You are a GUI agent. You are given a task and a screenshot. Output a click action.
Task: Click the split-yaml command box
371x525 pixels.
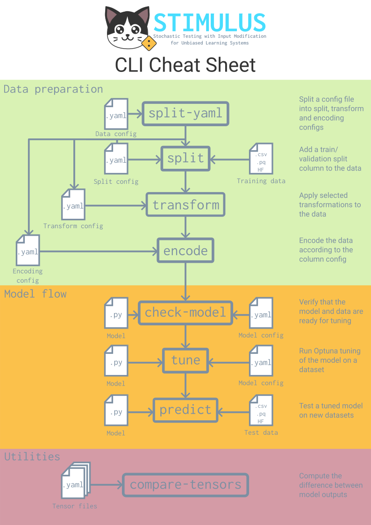(x=185, y=113)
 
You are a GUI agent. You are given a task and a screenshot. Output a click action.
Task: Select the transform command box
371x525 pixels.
(x=185, y=205)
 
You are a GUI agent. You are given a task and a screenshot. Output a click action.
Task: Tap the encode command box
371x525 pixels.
(x=185, y=251)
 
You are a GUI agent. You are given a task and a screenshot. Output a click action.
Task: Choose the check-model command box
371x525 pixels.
(x=185, y=312)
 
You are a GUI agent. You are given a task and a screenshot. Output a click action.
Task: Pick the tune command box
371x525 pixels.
(x=185, y=360)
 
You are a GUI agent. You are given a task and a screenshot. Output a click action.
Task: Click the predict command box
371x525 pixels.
(x=185, y=410)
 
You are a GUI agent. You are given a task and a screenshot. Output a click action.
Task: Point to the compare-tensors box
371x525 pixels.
(x=185, y=485)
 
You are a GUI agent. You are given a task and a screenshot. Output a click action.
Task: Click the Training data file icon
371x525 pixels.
(x=261, y=159)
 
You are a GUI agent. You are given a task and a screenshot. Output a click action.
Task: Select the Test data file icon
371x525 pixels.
(x=261, y=410)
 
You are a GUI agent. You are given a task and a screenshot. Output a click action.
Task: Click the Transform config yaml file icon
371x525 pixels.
(x=73, y=204)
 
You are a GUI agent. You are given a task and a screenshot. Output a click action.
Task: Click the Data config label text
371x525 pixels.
(x=116, y=134)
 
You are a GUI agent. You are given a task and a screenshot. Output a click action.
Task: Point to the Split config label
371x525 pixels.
(x=116, y=181)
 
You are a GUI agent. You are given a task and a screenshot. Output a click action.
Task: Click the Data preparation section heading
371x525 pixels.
(x=53, y=89)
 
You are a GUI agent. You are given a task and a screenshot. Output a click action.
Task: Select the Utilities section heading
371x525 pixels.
(x=32, y=457)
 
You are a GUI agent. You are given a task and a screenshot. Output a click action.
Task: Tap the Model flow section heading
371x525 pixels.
(x=36, y=294)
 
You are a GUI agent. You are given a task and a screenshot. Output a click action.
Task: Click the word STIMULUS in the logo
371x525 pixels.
(x=210, y=22)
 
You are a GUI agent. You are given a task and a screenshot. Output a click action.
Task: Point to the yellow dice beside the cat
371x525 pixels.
(x=149, y=44)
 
